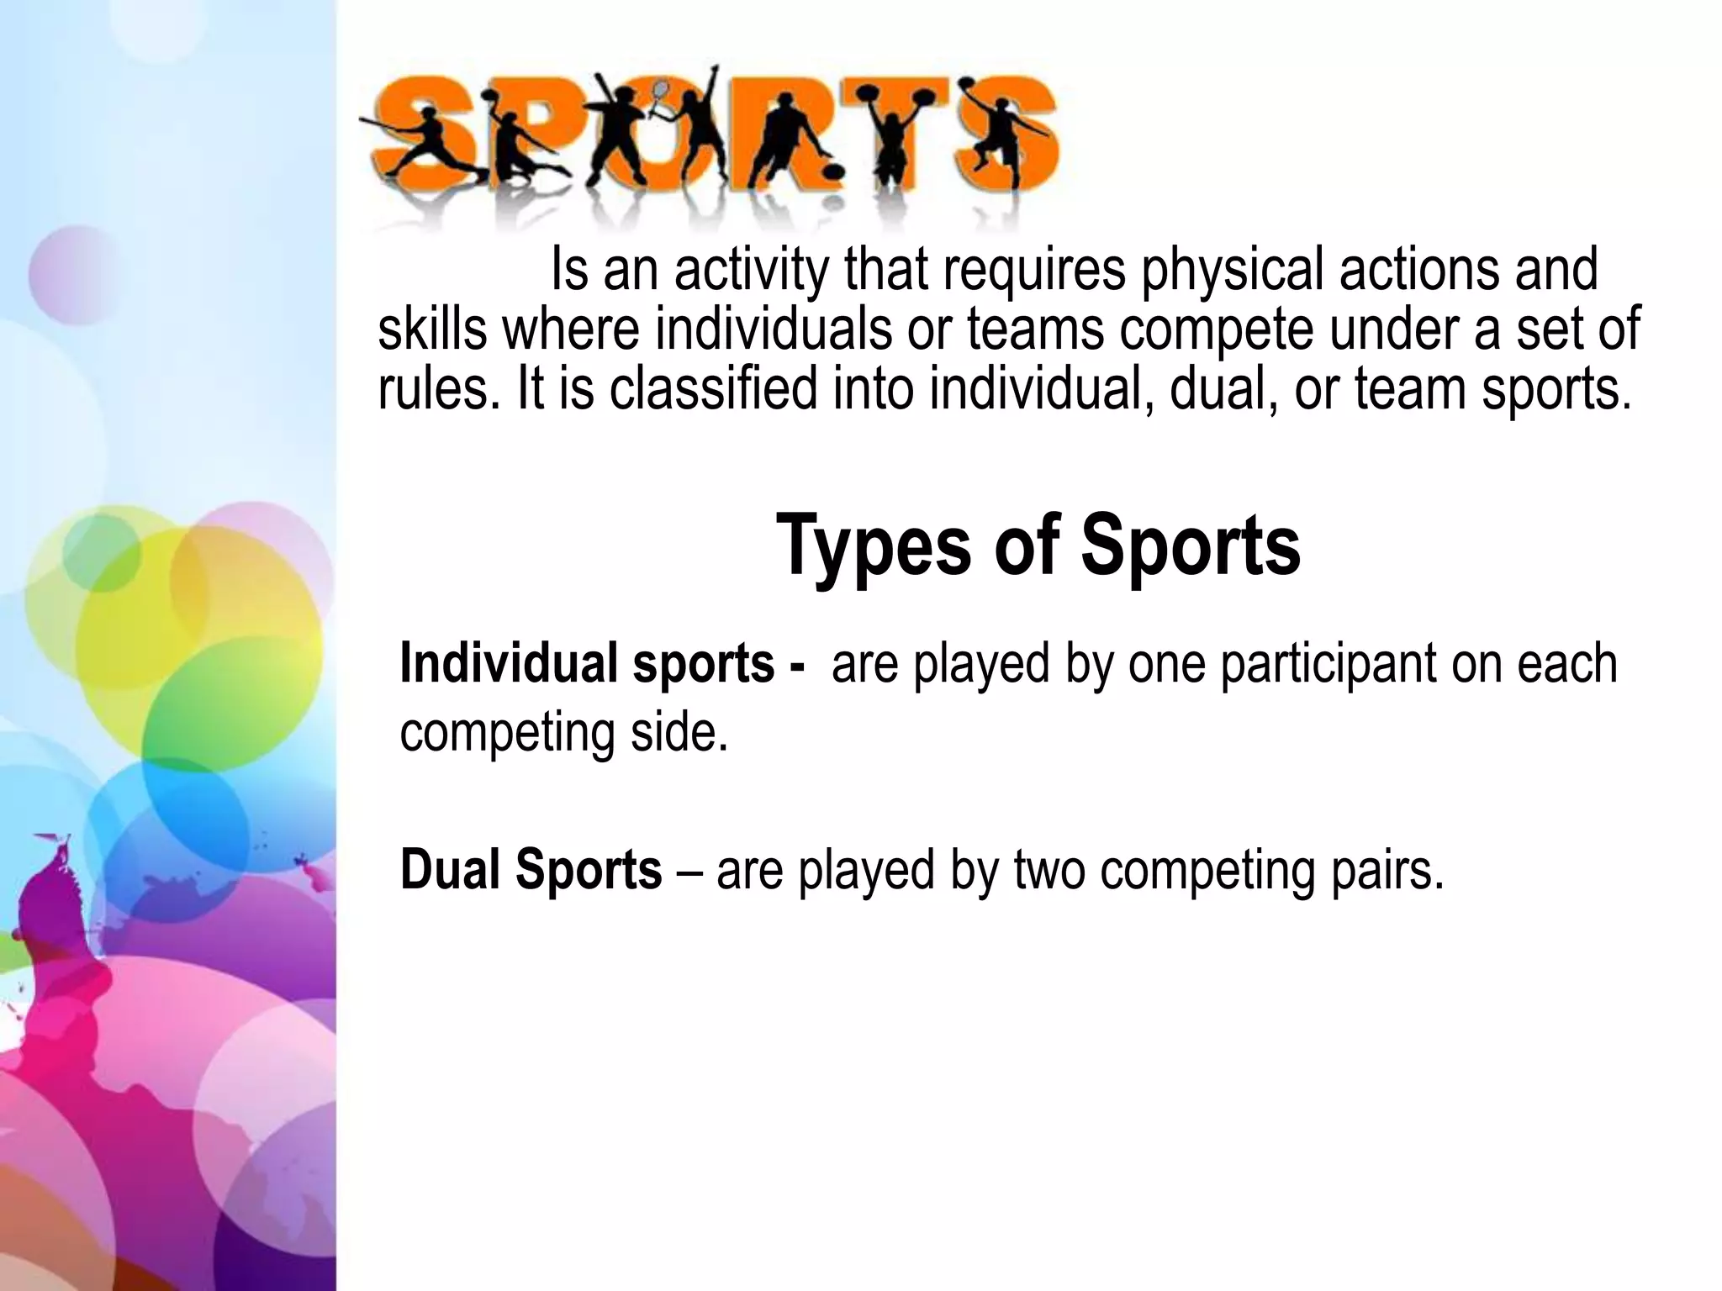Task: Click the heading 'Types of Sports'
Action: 1038,547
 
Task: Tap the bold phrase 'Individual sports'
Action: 587,663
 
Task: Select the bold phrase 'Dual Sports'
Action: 531,869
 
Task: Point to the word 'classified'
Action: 713,389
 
